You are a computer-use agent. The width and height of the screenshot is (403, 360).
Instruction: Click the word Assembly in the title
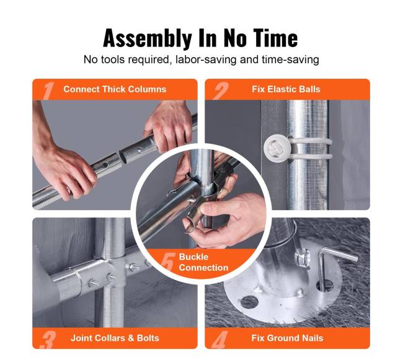(148, 38)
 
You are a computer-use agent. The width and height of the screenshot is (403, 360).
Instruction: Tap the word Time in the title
(275, 38)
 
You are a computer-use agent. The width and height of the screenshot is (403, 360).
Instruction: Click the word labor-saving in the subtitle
(206, 59)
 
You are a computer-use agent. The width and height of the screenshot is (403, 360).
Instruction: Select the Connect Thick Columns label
(115, 89)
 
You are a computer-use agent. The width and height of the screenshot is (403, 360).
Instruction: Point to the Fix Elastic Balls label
(286, 89)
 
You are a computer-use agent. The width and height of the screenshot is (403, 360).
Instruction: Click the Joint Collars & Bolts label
(115, 338)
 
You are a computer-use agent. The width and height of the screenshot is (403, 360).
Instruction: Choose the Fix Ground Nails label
(287, 338)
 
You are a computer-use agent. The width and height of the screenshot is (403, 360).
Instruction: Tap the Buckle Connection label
(203, 262)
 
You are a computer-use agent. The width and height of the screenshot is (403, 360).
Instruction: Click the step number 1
(48, 90)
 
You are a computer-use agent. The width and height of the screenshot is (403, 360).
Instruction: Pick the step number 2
(221, 90)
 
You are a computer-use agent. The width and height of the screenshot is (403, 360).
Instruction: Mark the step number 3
(48, 340)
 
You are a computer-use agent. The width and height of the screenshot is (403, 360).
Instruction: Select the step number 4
(220, 340)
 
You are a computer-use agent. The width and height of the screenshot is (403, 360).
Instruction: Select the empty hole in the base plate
(248, 302)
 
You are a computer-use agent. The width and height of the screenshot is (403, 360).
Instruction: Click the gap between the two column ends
(121, 156)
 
